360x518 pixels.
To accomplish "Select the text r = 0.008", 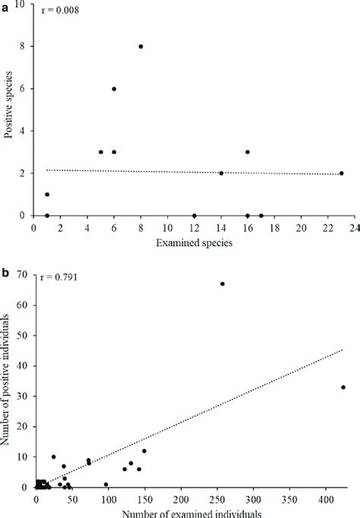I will (x=58, y=11).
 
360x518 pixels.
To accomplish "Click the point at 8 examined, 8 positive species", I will (x=141, y=46).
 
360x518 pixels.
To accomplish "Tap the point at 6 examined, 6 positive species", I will (x=114, y=89).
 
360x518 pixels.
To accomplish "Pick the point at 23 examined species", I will (x=342, y=173).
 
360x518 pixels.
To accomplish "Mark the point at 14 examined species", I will (x=221, y=173).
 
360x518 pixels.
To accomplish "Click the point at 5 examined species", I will (x=100, y=152).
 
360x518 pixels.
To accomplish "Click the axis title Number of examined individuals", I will (x=186, y=513).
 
